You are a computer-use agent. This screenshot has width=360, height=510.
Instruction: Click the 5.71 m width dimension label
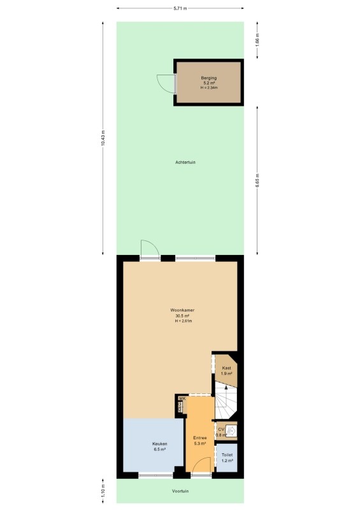click(x=180, y=8)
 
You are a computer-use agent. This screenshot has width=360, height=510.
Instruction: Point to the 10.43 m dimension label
click(x=103, y=138)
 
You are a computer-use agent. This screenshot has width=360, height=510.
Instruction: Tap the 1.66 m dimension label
click(x=257, y=40)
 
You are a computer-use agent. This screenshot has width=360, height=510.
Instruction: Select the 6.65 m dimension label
click(x=257, y=180)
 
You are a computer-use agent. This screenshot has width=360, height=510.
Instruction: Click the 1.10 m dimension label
click(x=103, y=491)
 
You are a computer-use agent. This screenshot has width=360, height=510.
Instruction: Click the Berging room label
click(x=209, y=78)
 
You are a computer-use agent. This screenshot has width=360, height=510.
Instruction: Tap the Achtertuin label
click(x=185, y=162)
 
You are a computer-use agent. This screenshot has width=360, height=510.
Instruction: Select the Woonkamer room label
click(x=182, y=310)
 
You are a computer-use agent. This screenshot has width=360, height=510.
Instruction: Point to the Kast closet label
click(x=227, y=368)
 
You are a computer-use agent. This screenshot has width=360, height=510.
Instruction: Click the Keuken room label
click(x=160, y=444)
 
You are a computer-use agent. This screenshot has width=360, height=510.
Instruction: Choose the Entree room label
click(x=199, y=438)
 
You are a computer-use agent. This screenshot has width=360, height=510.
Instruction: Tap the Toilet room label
click(x=227, y=455)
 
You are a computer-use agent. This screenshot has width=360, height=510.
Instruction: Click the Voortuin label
click(x=180, y=491)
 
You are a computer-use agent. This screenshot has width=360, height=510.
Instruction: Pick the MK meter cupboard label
click(x=182, y=398)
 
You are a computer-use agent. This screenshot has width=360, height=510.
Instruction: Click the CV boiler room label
click(x=221, y=429)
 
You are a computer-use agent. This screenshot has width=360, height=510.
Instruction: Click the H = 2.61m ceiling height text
click(x=183, y=321)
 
